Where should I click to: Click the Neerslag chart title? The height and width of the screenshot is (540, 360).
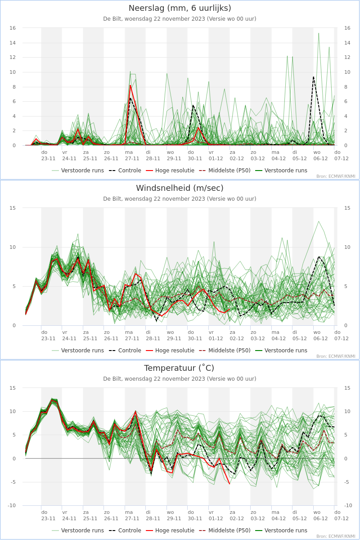coord(180,8)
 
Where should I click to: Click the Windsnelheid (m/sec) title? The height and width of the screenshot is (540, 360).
coord(180,188)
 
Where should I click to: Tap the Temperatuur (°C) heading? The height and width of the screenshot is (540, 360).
coord(179,368)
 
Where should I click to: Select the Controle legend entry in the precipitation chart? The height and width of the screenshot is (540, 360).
coord(125,171)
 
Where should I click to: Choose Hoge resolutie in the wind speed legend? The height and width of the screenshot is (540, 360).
coord(170,351)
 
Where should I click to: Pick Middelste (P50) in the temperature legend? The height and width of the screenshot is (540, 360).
coord(225,531)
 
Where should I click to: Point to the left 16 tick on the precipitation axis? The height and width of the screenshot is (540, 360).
coord(13,28)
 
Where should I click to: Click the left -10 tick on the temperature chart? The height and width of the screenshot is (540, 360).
coord(12,505)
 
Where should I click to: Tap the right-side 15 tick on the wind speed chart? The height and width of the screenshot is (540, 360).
coord(347,208)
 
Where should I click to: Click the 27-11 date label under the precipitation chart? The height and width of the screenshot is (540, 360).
coord(132,158)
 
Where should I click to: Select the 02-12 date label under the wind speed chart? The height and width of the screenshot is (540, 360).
coord(237,338)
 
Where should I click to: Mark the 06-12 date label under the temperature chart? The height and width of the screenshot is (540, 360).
coord(320,518)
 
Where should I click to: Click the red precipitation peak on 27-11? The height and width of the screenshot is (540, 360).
coord(130,85)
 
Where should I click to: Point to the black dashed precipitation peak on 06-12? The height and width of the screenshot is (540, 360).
coord(314,77)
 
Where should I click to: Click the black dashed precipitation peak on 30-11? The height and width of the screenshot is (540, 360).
coord(193,105)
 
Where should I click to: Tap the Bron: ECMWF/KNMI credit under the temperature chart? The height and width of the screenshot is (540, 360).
coord(336,536)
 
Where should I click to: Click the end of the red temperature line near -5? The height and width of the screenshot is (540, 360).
coord(229,484)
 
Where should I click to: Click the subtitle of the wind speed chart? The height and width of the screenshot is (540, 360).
coord(180,199)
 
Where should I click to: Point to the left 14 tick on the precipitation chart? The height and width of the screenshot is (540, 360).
coord(13,43)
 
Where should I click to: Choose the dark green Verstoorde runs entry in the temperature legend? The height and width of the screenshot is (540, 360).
coord(281,531)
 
